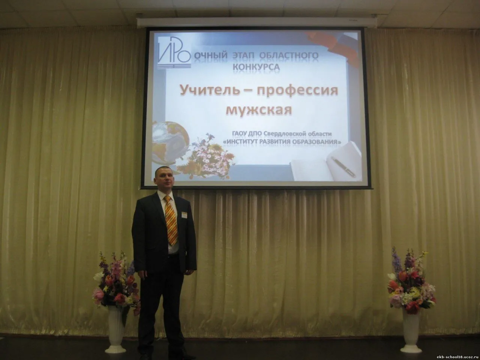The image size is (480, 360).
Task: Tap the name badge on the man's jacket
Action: click(x=185, y=214)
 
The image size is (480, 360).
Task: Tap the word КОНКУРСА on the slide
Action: click(x=256, y=67)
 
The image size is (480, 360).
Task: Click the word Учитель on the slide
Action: click(x=210, y=90)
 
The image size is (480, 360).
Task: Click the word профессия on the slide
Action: click(x=297, y=91)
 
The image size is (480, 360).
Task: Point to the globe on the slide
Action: click(x=169, y=142)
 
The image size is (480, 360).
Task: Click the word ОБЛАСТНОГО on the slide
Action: click(x=289, y=56)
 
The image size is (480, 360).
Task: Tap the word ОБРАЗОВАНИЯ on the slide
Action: click(x=316, y=142)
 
